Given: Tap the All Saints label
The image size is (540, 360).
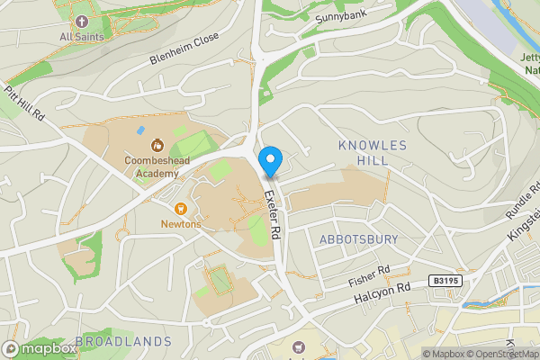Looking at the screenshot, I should [x=81, y=37].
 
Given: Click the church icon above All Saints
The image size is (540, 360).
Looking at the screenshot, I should [x=82, y=21].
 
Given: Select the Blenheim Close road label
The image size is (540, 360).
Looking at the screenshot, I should [x=184, y=59].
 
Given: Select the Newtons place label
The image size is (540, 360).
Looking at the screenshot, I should [x=180, y=223].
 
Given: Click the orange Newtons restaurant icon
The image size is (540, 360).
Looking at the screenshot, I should [x=179, y=207].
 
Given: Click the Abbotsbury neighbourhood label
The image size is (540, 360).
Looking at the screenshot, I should [x=358, y=239].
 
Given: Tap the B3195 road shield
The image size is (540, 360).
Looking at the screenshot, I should [x=444, y=281].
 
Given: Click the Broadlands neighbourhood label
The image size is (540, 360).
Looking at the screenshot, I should [x=123, y=342].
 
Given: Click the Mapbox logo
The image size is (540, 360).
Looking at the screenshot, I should [x=40, y=348].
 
